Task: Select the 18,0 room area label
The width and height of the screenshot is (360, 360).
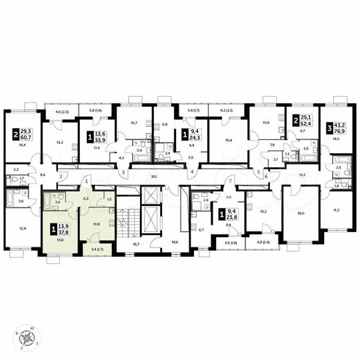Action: point(300,214)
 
